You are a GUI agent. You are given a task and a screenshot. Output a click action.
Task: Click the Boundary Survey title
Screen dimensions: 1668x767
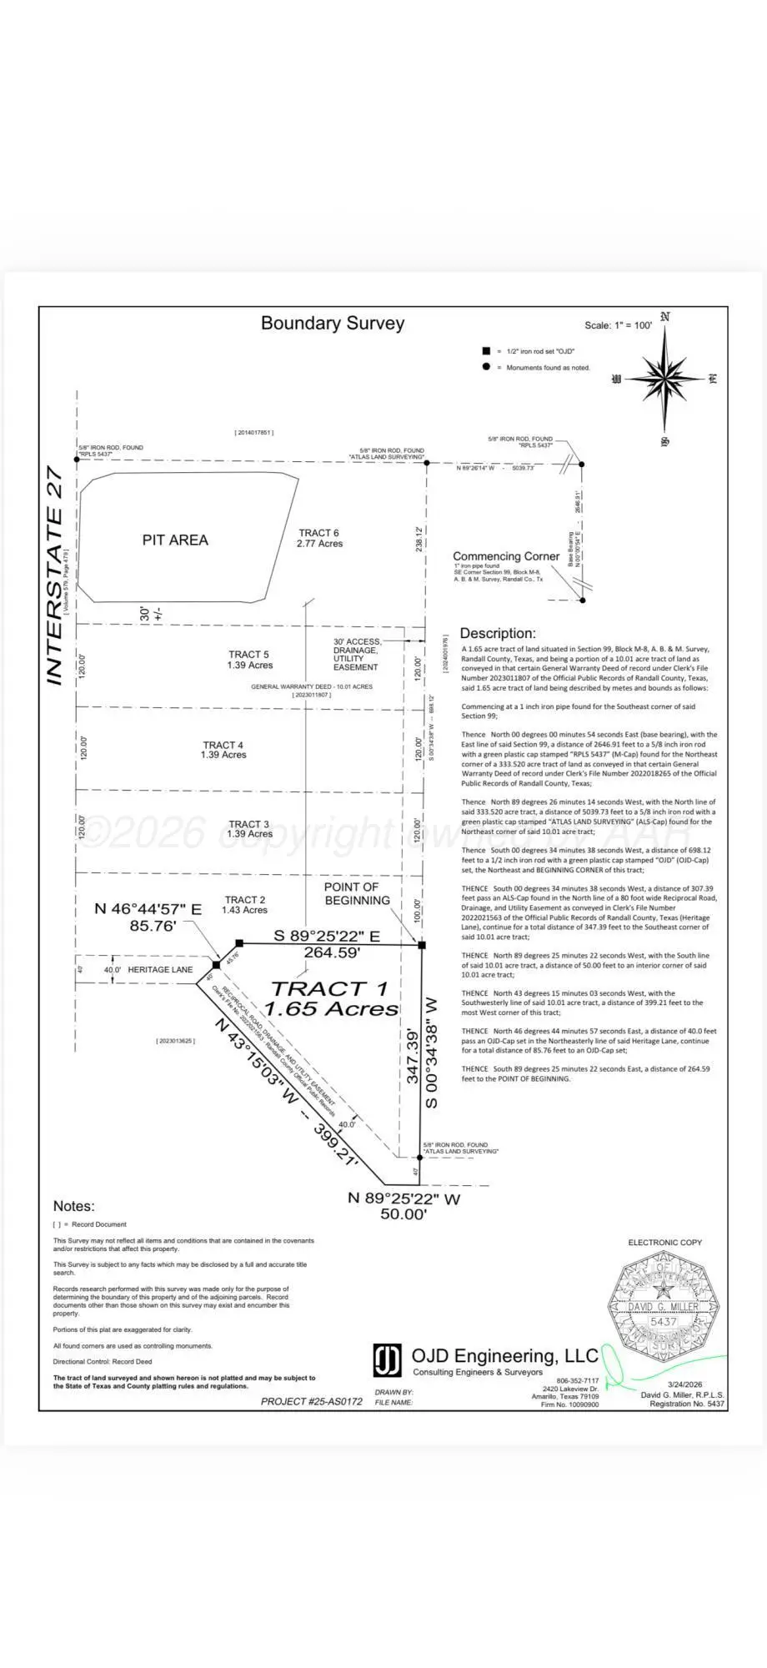(333, 324)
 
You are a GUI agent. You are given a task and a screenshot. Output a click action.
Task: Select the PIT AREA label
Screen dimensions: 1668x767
(175, 540)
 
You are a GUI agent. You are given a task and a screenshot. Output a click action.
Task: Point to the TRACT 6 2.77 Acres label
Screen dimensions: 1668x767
(319, 538)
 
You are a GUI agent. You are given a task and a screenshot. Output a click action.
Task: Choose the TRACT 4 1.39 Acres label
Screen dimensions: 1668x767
(223, 750)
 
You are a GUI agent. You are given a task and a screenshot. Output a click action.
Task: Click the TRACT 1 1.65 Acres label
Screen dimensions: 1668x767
(330, 998)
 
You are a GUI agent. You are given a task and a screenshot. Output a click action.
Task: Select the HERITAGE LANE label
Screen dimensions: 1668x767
(160, 970)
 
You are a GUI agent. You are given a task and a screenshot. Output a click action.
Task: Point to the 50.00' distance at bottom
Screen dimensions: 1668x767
(404, 1215)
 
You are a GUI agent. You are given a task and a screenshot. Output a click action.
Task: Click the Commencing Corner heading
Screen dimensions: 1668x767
(506, 556)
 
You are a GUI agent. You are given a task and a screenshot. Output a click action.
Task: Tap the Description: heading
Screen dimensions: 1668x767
(498, 634)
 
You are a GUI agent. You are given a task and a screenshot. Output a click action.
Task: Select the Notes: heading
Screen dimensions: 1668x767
(73, 1206)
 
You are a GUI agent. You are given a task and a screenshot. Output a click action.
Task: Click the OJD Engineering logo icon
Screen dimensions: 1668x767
(387, 1360)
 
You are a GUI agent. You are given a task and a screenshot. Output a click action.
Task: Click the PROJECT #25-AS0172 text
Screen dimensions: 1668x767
(311, 1402)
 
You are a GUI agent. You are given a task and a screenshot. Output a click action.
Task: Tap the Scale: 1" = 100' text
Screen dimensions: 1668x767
(618, 325)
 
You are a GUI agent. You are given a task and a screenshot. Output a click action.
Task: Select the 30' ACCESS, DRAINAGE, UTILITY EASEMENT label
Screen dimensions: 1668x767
(356, 654)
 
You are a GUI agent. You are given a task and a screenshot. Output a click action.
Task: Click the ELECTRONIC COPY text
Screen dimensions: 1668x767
(664, 1243)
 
